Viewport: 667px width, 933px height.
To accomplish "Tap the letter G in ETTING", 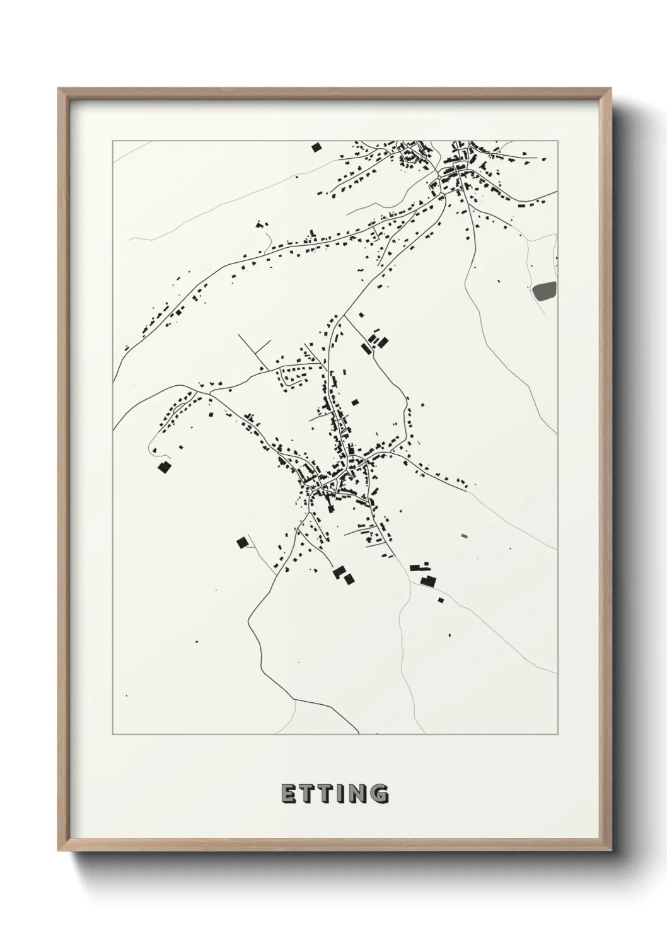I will [x=380, y=794].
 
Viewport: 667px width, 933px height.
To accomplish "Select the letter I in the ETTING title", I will [x=339, y=794].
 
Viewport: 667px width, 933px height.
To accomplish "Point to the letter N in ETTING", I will [x=357, y=794].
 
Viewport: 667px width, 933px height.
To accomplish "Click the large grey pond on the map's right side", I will [x=545, y=291].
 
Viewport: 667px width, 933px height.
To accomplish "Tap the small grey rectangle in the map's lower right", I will [x=465, y=536].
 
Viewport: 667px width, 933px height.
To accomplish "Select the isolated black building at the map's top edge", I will [x=316, y=148].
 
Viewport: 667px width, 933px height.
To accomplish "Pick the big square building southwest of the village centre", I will [x=241, y=542].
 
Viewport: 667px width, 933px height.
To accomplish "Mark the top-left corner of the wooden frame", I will [x=59, y=89].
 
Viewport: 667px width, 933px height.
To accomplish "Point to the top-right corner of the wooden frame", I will [x=610, y=89].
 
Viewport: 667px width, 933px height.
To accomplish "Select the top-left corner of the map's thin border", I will [x=113, y=141].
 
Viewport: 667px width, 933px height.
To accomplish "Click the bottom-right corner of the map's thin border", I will [x=558, y=734].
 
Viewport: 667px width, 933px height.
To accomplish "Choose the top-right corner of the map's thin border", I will [x=558, y=141].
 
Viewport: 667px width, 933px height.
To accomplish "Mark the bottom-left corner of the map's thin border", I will [x=113, y=734].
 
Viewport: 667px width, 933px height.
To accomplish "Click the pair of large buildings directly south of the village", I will [x=344, y=575].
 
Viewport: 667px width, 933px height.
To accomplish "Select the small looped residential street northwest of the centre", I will [x=293, y=377].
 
